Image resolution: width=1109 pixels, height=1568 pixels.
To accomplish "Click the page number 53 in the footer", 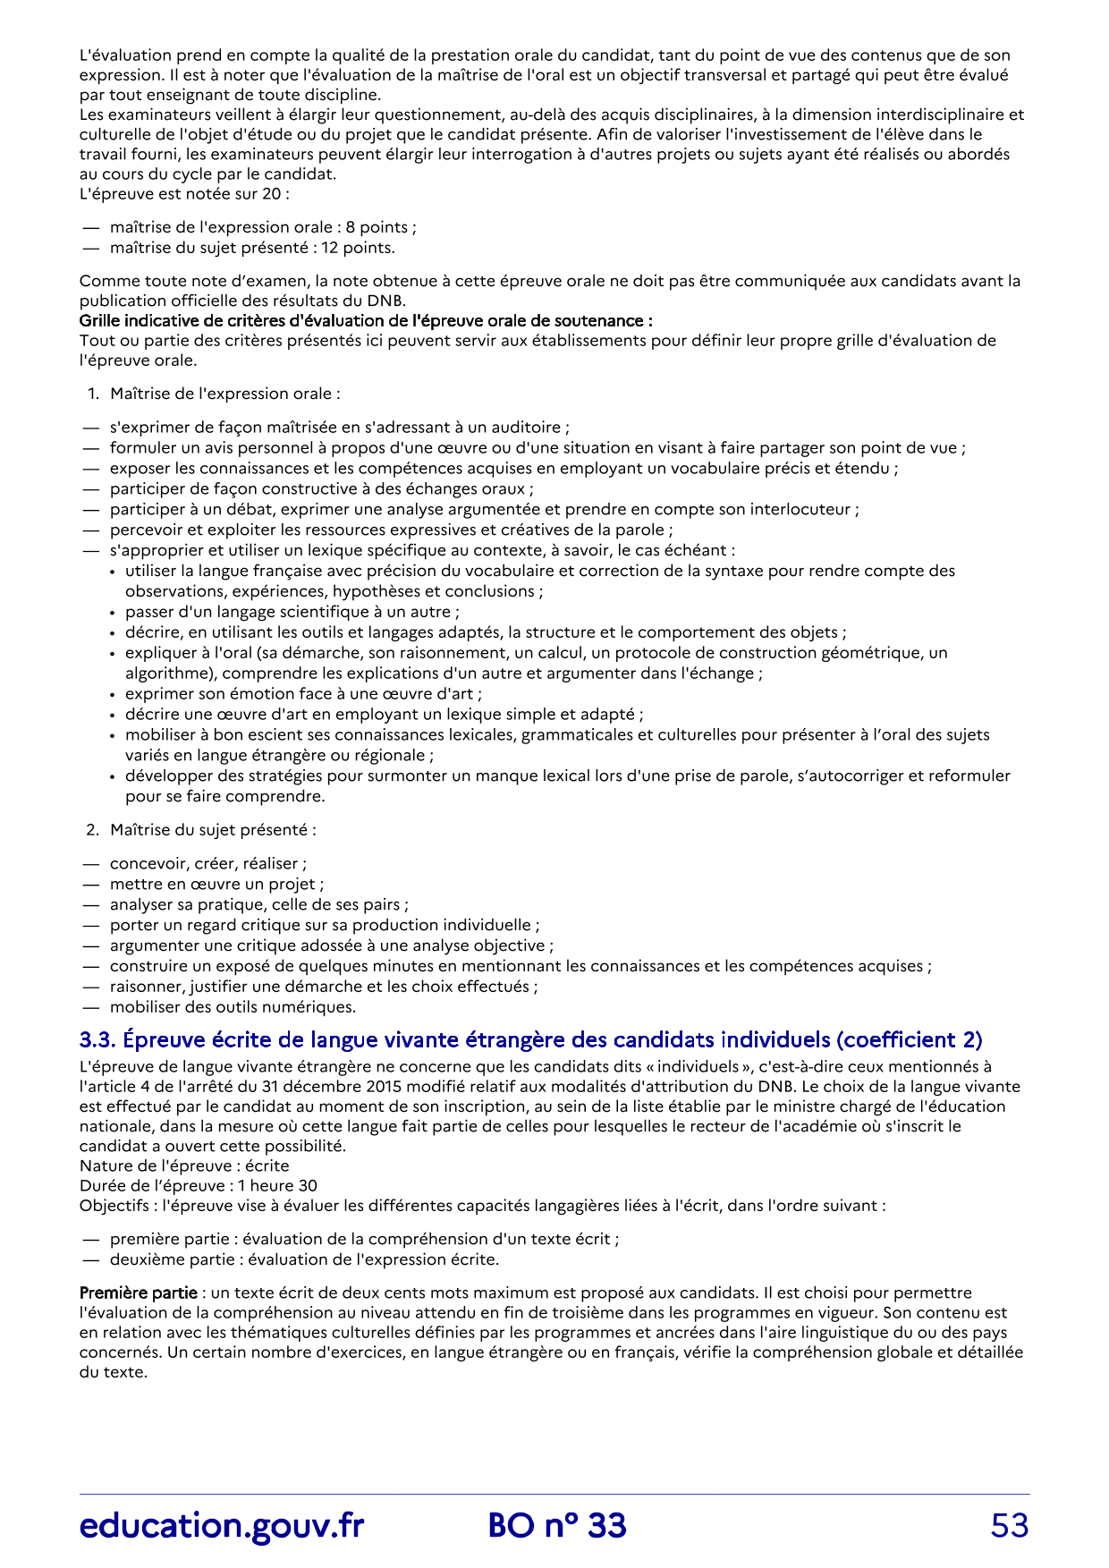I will click(x=1009, y=1526).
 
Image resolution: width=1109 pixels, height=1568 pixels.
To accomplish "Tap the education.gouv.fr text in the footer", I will click(x=222, y=1526).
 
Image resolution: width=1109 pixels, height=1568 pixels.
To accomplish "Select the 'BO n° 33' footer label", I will click(x=557, y=1526).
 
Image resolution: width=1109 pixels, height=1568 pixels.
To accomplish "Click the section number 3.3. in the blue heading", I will click(x=97, y=1039).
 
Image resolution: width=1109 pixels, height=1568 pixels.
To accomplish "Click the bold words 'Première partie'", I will click(x=138, y=1293).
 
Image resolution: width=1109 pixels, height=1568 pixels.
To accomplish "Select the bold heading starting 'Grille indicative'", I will click(x=366, y=320).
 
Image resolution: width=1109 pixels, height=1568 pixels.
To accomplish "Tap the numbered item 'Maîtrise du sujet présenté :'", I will click(x=213, y=829).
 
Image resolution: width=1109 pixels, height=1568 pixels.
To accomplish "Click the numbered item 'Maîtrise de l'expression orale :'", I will click(x=224, y=394).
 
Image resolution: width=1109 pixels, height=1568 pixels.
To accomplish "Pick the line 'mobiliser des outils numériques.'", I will click(x=233, y=1007).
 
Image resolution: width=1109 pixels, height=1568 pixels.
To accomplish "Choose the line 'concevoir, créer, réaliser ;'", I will click(x=207, y=863).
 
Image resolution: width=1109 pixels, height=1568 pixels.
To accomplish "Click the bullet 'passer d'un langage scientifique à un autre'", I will click(x=292, y=612).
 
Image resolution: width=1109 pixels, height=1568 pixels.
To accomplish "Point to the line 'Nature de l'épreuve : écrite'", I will click(x=184, y=1165).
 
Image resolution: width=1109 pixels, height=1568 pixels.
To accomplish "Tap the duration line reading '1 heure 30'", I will click(x=199, y=1185).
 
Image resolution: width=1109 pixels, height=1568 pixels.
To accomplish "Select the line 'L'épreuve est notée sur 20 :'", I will click(x=184, y=193).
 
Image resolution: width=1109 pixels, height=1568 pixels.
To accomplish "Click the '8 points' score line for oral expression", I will click(x=263, y=227).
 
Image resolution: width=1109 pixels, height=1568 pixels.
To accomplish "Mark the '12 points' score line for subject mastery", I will click(x=252, y=248).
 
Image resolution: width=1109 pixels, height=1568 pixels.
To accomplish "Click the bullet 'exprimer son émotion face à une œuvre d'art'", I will click(x=303, y=693).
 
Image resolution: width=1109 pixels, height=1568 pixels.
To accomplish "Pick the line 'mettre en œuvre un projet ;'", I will click(x=216, y=884).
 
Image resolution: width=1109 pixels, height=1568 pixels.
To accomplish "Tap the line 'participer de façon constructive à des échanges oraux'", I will click(x=321, y=488).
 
